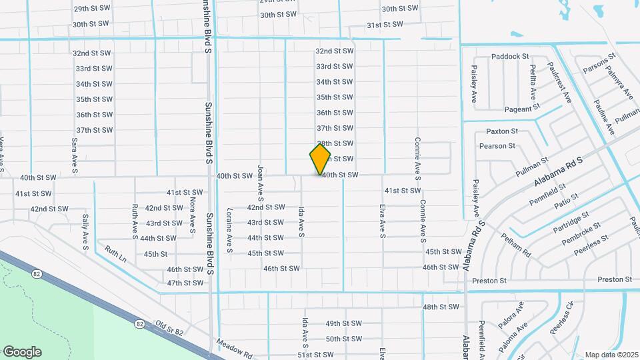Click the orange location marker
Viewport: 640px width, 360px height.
(320, 159)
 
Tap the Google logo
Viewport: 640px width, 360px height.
(22, 352)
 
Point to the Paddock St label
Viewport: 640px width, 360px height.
(510, 57)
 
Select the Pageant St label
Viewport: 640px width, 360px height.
(522, 107)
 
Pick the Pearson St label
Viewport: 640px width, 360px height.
(497, 145)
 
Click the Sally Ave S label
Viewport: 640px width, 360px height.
(85, 231)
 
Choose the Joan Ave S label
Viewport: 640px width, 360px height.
(261, 184)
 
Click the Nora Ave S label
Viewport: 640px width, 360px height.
(192, 214)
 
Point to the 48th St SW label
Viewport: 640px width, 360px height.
(441, 307)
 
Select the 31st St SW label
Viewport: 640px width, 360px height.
(385, 25)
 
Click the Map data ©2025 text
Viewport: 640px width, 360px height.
(611, 355)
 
